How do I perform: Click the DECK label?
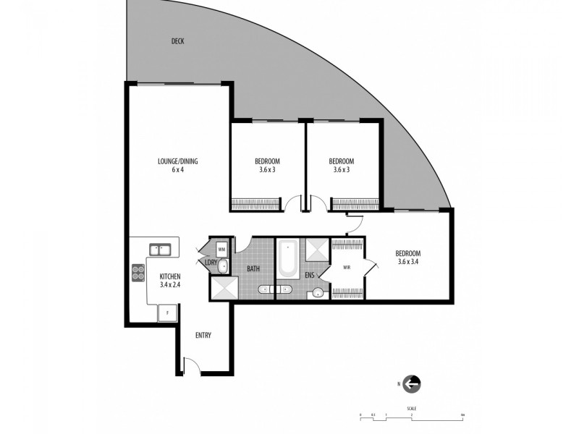(x=178, y=41)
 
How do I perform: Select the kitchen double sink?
(x=160, y=250)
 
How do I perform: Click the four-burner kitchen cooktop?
(x=138, y=273)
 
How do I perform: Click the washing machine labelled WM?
(x=221, y=248)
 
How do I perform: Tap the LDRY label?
(x=211, y=263)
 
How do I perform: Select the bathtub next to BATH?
(x=287, y=259)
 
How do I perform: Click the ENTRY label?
(x=203, y=336)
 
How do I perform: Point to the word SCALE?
(x=412, y=409)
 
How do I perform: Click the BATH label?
(x=253, y=270)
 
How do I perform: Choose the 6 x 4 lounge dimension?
(x=179, y=170)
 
